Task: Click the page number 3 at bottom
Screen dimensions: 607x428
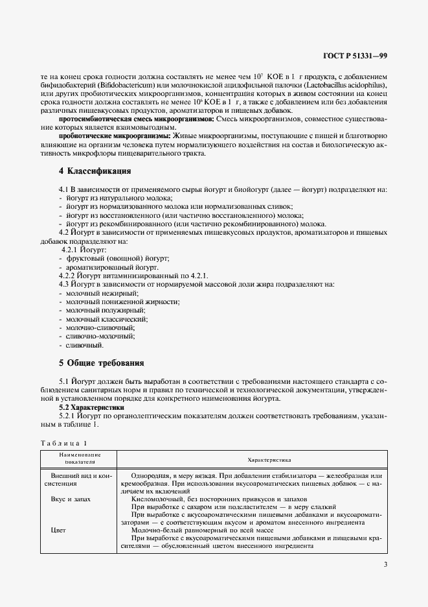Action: tap(385, 564)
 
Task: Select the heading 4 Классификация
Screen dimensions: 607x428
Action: tap(95, 171)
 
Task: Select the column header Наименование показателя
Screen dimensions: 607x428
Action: tap(76, 459)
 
